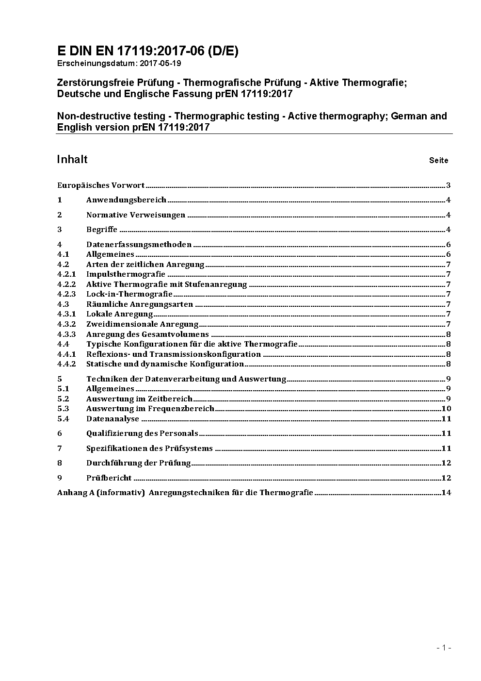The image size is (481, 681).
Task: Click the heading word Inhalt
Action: pyautogui.click(x=72, y=160)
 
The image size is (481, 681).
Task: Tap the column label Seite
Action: pyautogui.click(x=438, y=161)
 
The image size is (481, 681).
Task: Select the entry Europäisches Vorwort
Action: pyautogui.click(x=101, y=185)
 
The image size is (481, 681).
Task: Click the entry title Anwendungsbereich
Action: pyautogui.click(x=126, y=200)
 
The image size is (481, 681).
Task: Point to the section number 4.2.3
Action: pyautogui.click(x=66, y=294)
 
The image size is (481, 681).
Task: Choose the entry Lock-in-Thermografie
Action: pyautogui.click(x=129, y=294)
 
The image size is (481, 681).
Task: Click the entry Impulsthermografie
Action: pyautogui.click(x=126, y=274)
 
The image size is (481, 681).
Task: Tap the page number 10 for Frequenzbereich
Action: pyautogui.click(x=446, y=409)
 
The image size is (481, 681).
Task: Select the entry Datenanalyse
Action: pyautogui.click(x=112, y=419)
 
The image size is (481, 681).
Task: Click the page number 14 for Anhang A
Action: pyautogui.click(x=446, y=493)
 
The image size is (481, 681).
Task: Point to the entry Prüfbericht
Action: pyautogui.click(x=109, y=478)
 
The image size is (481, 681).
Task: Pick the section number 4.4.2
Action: pyautogui.click(x=66, y=364)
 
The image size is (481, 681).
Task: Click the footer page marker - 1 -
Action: pyautogui.click(x=444, y=648)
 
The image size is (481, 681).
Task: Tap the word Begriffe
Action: pyautogui.click(x=102, y=230)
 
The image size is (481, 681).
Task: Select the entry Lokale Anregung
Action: pyautogui.click(x=119, y=314)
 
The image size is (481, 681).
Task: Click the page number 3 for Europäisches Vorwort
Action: pyautogui.click(x=449, y=185)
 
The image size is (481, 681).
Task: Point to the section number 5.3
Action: pyautogui.click(x=63, y=409)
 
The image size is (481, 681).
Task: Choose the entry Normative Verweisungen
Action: pyautogui.click(x=136, y=215)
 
